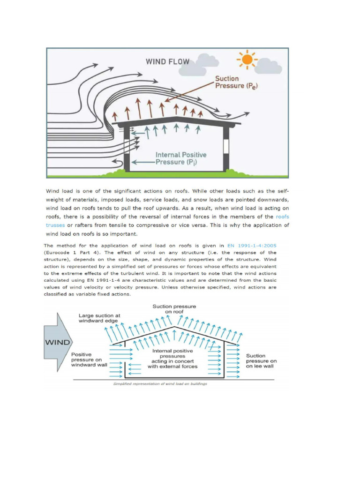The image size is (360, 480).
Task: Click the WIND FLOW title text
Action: click(167, 61)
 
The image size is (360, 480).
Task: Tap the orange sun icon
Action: click(246, 60)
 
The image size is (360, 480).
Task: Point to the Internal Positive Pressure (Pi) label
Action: click(181, 158)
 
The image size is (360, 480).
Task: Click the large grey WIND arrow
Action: click(58, 342)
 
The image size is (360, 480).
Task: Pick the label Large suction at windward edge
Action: click(99, 319)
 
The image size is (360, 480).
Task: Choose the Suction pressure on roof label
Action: click(174, 309)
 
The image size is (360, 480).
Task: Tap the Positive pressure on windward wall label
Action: click(88, 360)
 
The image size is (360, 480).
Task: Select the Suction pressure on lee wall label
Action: click(261, 361)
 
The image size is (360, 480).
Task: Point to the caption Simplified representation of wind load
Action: click(160, 383)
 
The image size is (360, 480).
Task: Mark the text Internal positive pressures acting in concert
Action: click(172, 359)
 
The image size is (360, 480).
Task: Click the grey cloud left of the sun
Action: click(208, 60)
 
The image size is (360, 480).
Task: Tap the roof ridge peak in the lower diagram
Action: click(175, 326)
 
